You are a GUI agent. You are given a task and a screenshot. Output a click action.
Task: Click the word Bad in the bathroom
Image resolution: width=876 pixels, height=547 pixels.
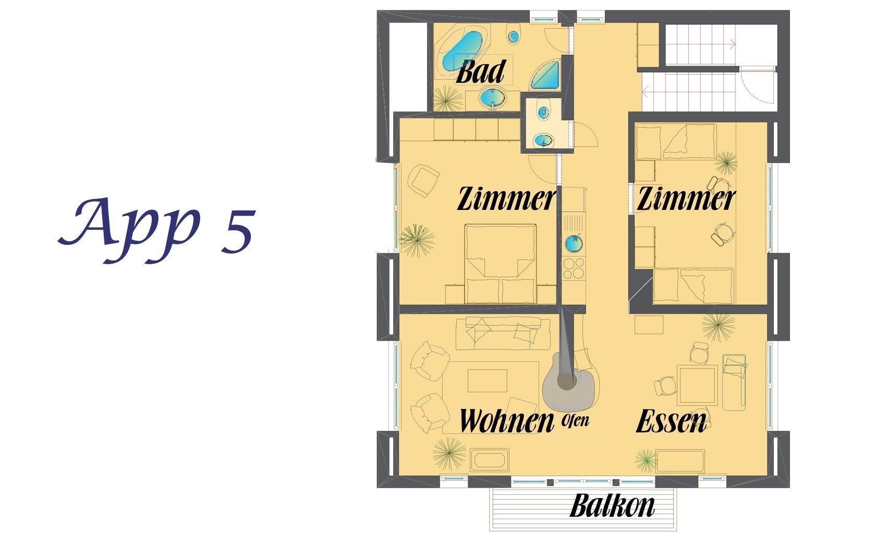click(481, 72)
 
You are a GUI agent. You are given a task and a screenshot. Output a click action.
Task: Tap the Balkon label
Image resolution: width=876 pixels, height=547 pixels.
click(612, 506)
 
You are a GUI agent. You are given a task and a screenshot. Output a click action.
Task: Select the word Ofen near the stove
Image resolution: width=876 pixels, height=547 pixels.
click(575, 421)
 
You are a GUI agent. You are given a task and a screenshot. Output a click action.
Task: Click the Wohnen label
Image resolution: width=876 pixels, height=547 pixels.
click(507, 421)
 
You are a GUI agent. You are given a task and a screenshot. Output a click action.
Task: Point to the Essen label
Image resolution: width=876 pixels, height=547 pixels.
click(671, 421)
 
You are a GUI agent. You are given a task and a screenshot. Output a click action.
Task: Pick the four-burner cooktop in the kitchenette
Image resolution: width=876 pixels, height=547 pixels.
click(574, 268)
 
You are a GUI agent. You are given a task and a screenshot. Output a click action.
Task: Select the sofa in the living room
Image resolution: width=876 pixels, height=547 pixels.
click(503, 333)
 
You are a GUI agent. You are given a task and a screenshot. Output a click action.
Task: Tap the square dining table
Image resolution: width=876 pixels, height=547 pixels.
click(697, 386)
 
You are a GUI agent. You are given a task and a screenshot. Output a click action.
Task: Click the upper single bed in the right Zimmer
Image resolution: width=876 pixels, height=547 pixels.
click(676, 142)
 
